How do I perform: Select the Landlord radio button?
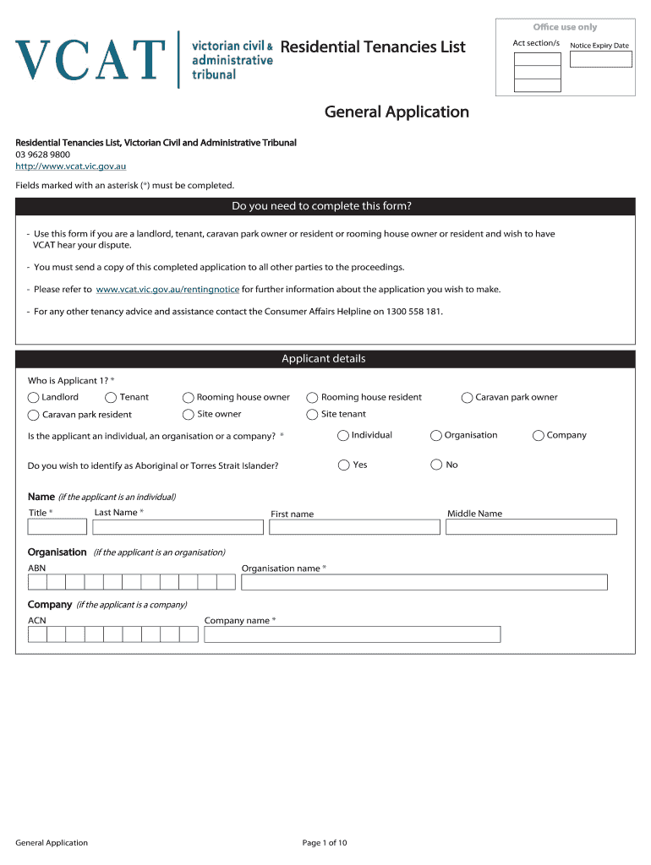[x=34, y=398]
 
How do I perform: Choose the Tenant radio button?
[x=112, y=398]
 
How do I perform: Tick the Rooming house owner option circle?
[x=189, y=398]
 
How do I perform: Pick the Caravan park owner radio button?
[x=468, y=398]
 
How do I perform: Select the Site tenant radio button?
[x=313, y=415]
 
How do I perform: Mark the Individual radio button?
[x=343, y=436]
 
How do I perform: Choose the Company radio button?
[x=539, y=436]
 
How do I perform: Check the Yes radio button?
[x=343, y=465]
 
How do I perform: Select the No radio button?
[x=436, y=465]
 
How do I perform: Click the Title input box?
[x=57, y=527]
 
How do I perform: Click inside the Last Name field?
[x=178, y=527]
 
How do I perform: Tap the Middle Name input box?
[x=532, y=527]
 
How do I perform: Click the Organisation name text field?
[x=424, y=582]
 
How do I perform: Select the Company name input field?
[x=353, y=634]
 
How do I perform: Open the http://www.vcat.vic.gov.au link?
[x=71, y=166]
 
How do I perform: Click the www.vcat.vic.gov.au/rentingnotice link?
[x=167, y=290]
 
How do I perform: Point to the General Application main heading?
[x=397, y=112]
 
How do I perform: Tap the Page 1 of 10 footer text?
[x=325, y=843]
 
